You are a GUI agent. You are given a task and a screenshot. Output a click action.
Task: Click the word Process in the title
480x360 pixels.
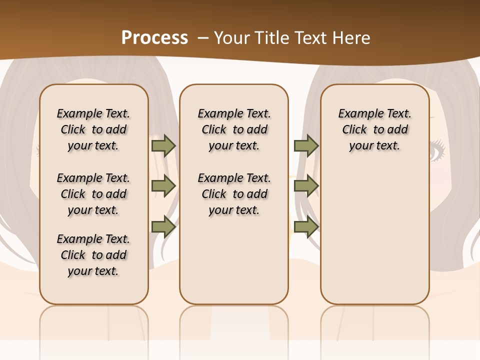coord(154,38)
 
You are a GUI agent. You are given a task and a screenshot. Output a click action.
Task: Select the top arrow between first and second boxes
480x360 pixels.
coord(163,145)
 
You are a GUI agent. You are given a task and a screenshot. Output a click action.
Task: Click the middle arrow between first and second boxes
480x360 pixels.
coord(163,186)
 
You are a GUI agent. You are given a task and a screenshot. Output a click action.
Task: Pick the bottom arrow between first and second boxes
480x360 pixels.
coord(163,227)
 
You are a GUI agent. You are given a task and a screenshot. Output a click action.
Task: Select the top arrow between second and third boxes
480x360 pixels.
coord(306,145)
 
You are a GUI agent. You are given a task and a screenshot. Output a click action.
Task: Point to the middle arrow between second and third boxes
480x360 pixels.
coord(306,186)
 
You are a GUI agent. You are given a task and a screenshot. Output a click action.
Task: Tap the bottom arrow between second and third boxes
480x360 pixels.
coord(306,227)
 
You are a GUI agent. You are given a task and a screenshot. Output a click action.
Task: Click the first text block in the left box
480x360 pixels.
coord(93,129)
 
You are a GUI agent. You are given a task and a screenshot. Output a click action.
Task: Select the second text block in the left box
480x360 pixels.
coord(93,194)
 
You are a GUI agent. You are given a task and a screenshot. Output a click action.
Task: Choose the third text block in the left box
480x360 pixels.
coord(93,255)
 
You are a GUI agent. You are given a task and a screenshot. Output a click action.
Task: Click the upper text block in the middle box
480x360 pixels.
coord(234,129)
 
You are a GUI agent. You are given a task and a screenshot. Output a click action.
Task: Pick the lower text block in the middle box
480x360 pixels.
coord(234,194)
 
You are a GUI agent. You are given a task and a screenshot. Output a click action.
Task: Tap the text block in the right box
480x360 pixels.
coord(374,129)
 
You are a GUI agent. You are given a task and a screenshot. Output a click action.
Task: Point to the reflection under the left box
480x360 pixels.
coord(94,325)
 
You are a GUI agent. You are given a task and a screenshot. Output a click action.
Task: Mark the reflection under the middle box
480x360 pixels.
coord(234,325)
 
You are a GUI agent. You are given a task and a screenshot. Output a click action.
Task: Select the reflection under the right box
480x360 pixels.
coord(374,325)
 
